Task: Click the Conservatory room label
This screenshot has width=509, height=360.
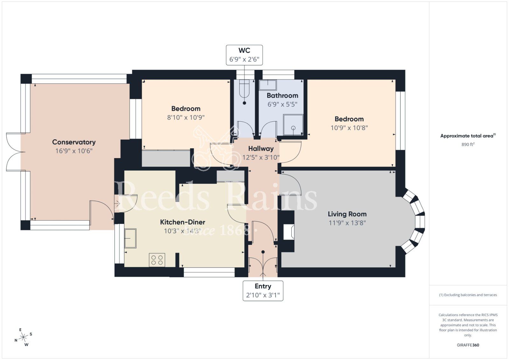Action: click(x=74, y=142)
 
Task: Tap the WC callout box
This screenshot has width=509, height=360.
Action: click(x=244, y=55)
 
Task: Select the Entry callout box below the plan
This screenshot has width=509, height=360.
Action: click(x=263, y=291)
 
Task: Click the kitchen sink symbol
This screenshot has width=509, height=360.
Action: click(x=130, y=238)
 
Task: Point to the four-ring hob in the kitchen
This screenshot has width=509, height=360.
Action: click(x=157, y=260)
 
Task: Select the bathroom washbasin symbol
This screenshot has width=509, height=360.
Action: click(x=268, y=85)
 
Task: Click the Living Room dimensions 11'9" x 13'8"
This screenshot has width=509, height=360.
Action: click(x=347, y=223)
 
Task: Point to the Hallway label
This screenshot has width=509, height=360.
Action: click(x=261, y=149)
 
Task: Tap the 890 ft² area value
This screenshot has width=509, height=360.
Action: click(x=468, y=144)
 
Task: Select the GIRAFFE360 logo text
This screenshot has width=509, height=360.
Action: click(x=468, y=345)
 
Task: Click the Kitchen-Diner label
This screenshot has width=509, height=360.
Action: click(x=182, y=222)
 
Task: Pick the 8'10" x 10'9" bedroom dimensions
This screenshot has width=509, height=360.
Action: click(x=186, y=117)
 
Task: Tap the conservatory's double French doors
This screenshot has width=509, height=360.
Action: click(x=14, y=152)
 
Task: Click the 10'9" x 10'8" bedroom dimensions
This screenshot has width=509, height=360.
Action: click(x=349, y=128)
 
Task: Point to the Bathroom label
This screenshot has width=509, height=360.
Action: click(x=282, y=95)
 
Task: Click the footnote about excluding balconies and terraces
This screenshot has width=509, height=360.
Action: click(x=468, y=295)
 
